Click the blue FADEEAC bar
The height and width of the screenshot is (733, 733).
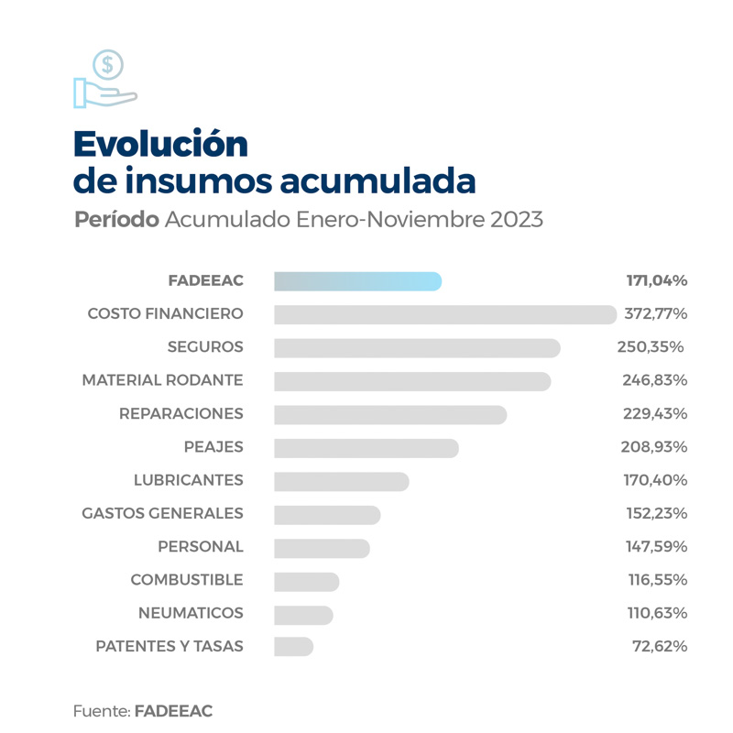point(357,281)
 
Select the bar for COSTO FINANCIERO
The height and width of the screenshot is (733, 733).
point(445,314)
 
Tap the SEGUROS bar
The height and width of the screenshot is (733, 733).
point(417,348)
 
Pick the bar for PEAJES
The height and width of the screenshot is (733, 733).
point(366,447)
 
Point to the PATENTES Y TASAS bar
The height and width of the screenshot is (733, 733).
point(293,647)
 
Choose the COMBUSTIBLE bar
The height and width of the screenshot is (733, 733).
point(306,581)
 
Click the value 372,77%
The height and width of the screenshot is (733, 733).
point(655,314)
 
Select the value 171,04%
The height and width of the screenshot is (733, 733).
point(655,280)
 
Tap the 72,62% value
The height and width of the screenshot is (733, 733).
point(660,647)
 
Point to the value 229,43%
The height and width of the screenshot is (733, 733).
point(655,414)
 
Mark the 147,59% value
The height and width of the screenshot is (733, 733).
point(656,547)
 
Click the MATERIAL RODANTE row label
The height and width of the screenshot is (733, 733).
point(162,380)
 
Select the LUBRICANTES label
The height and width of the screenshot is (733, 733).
point(188,480)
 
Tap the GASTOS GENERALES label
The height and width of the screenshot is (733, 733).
point(162,513)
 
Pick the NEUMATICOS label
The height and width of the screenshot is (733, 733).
point(191,613)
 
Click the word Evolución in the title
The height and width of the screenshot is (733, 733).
point(160,144)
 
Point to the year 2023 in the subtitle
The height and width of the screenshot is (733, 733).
point(516,221)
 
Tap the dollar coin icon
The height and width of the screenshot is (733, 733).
point(108,64)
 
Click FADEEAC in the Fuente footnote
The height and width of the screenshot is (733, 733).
point(173,711)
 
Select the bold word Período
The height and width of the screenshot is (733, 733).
point(117,221)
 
